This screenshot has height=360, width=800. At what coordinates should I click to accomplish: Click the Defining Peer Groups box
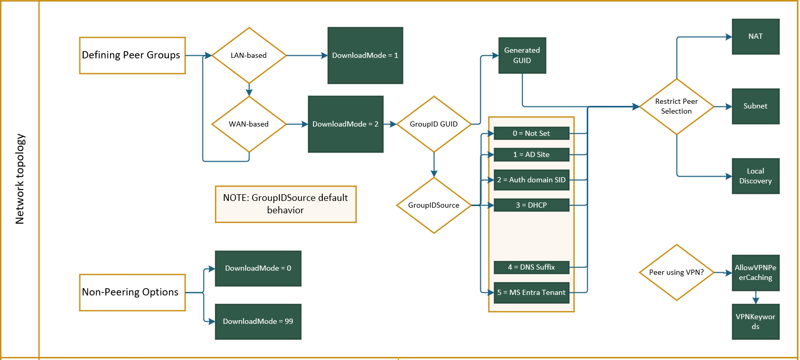point(132,55)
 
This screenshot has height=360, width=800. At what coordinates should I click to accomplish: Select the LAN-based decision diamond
point(248,55)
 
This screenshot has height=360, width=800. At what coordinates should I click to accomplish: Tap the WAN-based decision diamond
point(248,124)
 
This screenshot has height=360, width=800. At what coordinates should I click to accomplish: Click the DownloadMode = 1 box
point(365,55)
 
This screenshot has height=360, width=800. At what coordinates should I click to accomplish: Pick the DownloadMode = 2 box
point(346,124)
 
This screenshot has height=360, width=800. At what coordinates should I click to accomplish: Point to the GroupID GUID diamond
point(434,124)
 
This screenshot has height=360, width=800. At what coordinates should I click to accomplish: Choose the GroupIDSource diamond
point(434,206)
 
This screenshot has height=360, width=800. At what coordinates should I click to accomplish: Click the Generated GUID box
point(522,55)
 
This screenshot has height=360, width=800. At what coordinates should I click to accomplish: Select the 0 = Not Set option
point(531,133)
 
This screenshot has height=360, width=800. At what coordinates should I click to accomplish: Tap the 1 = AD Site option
point(531,154)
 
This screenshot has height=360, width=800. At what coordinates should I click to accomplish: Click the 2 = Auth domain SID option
point(531,180)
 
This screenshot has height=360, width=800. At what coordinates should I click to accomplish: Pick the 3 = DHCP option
point(531,206)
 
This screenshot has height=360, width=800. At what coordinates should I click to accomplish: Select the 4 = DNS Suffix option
point(531,267)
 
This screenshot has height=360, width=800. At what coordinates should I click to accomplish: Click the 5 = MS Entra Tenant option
point(531,292)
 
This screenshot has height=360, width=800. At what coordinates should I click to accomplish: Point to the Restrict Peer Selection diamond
point(676,106)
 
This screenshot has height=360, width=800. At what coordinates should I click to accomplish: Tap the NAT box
point(755,37)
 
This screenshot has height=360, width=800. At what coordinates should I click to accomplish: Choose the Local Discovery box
point(755,176)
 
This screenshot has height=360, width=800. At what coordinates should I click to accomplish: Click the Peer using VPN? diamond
point(676,272)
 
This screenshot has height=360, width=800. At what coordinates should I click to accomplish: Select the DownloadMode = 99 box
point(258,321)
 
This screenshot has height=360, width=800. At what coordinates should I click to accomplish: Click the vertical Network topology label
point(20,179)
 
